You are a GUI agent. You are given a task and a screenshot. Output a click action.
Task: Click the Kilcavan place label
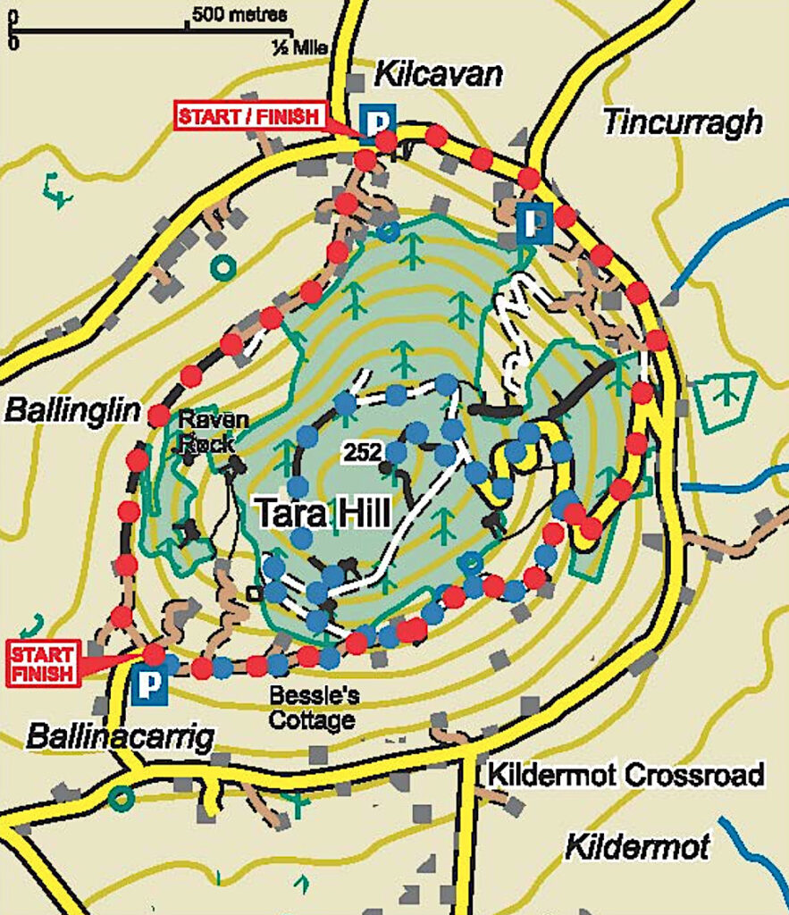(438, 75)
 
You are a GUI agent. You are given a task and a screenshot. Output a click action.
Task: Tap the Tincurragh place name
(683, 122)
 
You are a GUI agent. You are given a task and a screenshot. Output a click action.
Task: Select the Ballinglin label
(73, 410)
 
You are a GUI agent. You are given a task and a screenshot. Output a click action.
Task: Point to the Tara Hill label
(323, 514)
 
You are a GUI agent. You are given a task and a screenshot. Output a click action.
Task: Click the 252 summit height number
(362, 453)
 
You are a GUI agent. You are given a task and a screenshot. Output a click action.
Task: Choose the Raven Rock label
(206, 431)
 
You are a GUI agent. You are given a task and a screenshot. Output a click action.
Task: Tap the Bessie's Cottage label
(313, 707)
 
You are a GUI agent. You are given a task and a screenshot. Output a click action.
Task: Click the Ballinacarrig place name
(121, 738)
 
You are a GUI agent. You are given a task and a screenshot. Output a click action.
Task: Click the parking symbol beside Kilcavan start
(376, 119)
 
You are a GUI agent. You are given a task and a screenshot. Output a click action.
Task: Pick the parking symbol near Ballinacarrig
(149, 685)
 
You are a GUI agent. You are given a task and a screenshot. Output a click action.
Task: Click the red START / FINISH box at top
(249, 117)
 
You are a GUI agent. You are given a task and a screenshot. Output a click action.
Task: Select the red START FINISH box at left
(42, 662)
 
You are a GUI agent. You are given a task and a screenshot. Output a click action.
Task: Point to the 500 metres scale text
(239, 15)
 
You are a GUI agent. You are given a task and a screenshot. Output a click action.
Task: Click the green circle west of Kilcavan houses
(222, 266)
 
